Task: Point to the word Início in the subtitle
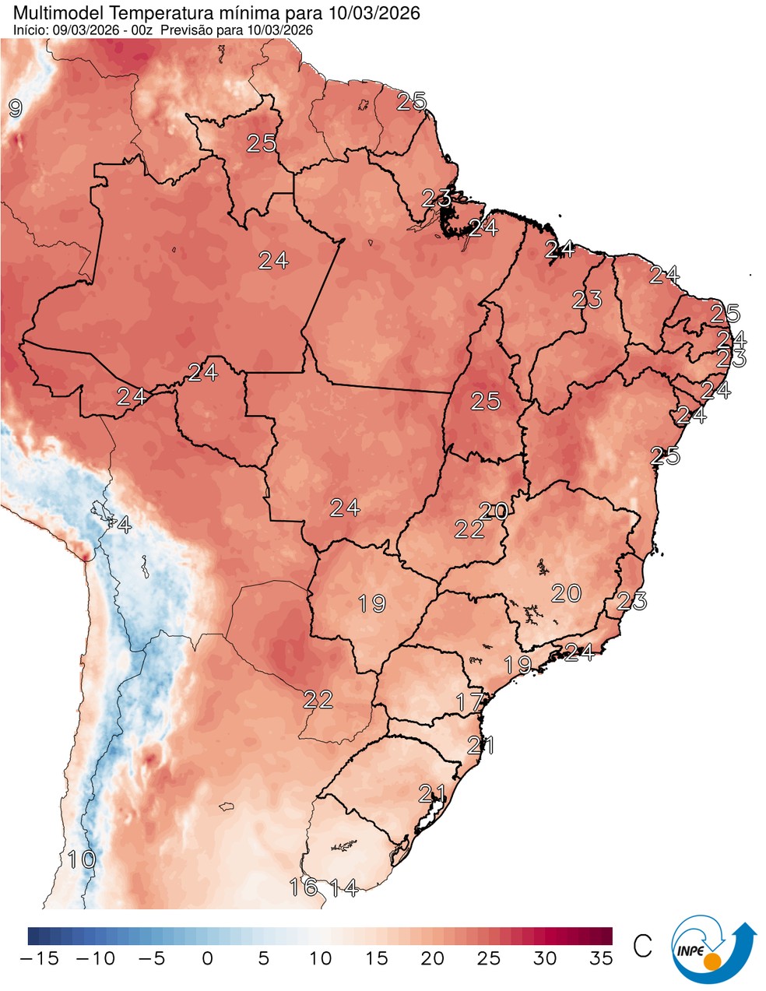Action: click(x=28, y=30)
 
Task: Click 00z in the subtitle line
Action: click(x=146, y=30)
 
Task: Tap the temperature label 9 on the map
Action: click(x=15, y=108)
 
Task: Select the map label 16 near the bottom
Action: click(x=303, y=887)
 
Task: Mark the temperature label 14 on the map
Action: click(x=343, y=887)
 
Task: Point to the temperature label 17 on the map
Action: click(x=469, y=701)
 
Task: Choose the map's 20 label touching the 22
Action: click(x=494, y=511)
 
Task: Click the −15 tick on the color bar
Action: click(x=38, y=958)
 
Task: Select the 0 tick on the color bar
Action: click(x=207, y=958)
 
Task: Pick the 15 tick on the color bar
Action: click(x=376, y=958)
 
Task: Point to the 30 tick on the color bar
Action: click(x=545, y=958)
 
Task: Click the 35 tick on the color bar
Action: click(x=601, y=958)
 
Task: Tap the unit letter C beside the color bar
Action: click(x=642, y=947)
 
